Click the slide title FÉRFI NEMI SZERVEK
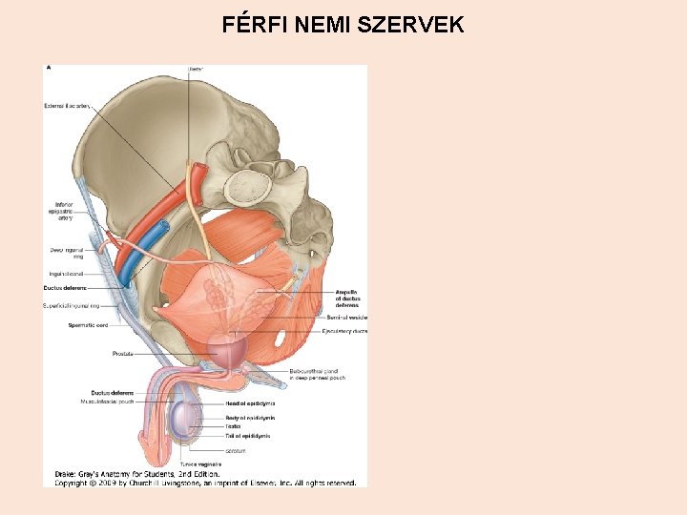click(x=343, y=25)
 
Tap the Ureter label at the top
click(x=196, y=69)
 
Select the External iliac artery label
click(x=67, y=106)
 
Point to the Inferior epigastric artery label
click(x=63, y=211)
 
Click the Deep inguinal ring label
click(x=66, y=253)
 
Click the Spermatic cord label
click(x=86, y=325)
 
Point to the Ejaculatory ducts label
click(x=344, y=331)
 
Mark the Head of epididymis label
click(x=250, y=402)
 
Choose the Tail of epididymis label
click(x=247, y=436)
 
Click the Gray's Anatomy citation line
click(x=138, y=473)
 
